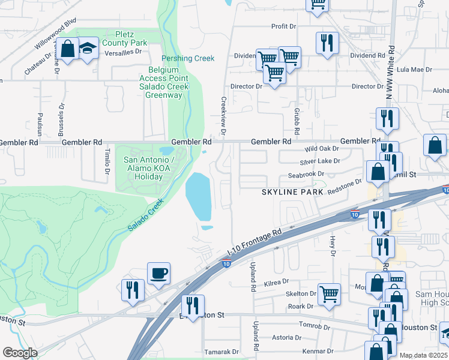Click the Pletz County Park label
coord(125,38)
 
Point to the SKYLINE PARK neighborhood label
coord(292,192)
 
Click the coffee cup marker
coord(158,274)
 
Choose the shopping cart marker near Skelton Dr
coord(329,295)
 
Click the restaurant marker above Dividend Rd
coord(327,43)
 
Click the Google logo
coord(20,353)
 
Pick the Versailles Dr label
coord(122,52)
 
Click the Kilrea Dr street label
coord(277,281)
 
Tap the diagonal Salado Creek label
coord(146,216)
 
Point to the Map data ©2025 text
coord(424,355)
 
